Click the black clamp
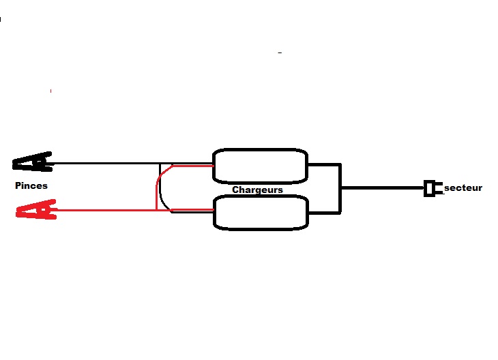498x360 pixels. pos(32,162)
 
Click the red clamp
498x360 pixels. pos(34,209)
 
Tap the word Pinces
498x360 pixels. pos(31,185)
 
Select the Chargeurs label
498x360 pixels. pos(257,190)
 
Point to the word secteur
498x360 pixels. pos(463,187)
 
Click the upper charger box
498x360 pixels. pos(260,166)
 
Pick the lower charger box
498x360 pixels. pos(260,212)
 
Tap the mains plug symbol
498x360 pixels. pos(430,187)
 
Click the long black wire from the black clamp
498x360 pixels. pos(102,164)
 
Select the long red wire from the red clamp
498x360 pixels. pos(102,210)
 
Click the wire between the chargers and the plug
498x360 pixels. pos(382,187)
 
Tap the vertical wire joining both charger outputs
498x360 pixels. pos(340,188)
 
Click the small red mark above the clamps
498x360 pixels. pos(50,91)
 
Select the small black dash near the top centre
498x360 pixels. pos(280,52)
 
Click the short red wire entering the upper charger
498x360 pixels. pos(194,166)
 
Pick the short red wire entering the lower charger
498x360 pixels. pos(194,210)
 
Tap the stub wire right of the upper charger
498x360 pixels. pos(323,164)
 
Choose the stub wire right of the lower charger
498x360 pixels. pos(323,212)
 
